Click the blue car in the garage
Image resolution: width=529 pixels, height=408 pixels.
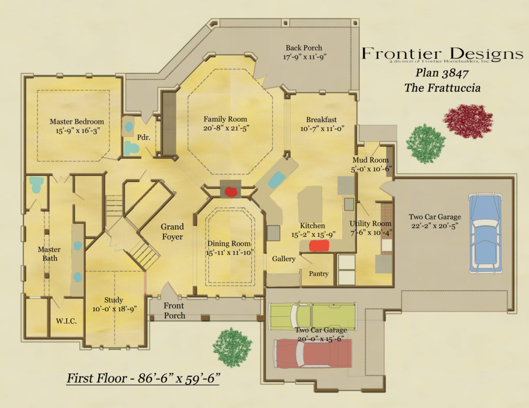tap(485, 233)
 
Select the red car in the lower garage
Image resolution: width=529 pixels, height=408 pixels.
tap(311, 353)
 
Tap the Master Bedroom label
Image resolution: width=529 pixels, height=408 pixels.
tap(76, 122)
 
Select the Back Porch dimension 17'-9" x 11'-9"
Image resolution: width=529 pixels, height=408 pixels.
tap(305, 57)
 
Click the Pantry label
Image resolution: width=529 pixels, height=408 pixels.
tap(318, 274)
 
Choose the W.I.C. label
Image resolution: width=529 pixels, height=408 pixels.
tap(66, 321)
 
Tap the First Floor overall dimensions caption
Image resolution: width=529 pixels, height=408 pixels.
tap(144, 379)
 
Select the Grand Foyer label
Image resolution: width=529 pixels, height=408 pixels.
tap(172, 232)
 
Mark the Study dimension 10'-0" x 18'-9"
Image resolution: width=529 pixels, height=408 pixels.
tap(114, 309)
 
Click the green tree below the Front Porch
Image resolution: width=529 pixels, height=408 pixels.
tap(232, 345)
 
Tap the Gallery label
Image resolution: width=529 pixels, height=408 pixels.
tap(284, 259)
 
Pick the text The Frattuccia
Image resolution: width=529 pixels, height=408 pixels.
tap(442, 88)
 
